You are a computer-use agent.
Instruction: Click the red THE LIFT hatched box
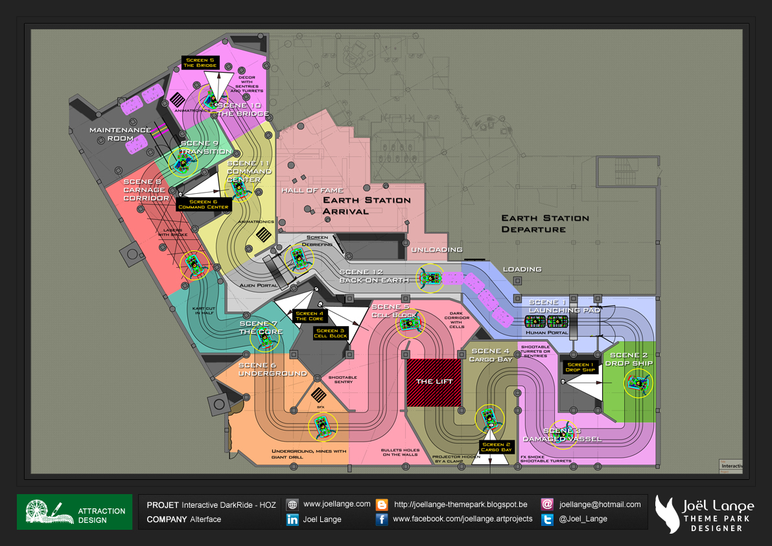coord(434,381)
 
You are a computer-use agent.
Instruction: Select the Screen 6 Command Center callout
coord(204,204)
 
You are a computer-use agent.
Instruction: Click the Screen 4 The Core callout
coord(309,316)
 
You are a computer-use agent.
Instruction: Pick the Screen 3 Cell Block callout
coord(331,334)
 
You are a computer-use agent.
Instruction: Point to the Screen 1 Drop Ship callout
coord(579,367)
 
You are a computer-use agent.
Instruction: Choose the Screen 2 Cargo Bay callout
coord(497,447)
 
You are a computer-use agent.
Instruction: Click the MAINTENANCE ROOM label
coord(120,134)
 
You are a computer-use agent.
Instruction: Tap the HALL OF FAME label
coord(307,191)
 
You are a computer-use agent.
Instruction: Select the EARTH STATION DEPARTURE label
coord(544,224)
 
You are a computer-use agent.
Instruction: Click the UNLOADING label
coord(436,249)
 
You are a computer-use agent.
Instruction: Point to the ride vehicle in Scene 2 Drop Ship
coord(638,383)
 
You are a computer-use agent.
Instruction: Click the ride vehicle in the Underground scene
coord(322,426)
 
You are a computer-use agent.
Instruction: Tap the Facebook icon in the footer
coord(382,519)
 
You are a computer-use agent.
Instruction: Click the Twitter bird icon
coord(547,519)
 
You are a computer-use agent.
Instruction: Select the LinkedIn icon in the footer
coord(292,519)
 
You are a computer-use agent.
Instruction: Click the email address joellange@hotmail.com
coord(600,504)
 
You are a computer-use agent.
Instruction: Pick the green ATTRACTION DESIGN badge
coord(75,512)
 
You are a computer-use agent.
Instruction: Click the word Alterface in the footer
coord(205,519)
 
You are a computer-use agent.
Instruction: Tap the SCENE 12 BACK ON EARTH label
coord(373,276)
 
